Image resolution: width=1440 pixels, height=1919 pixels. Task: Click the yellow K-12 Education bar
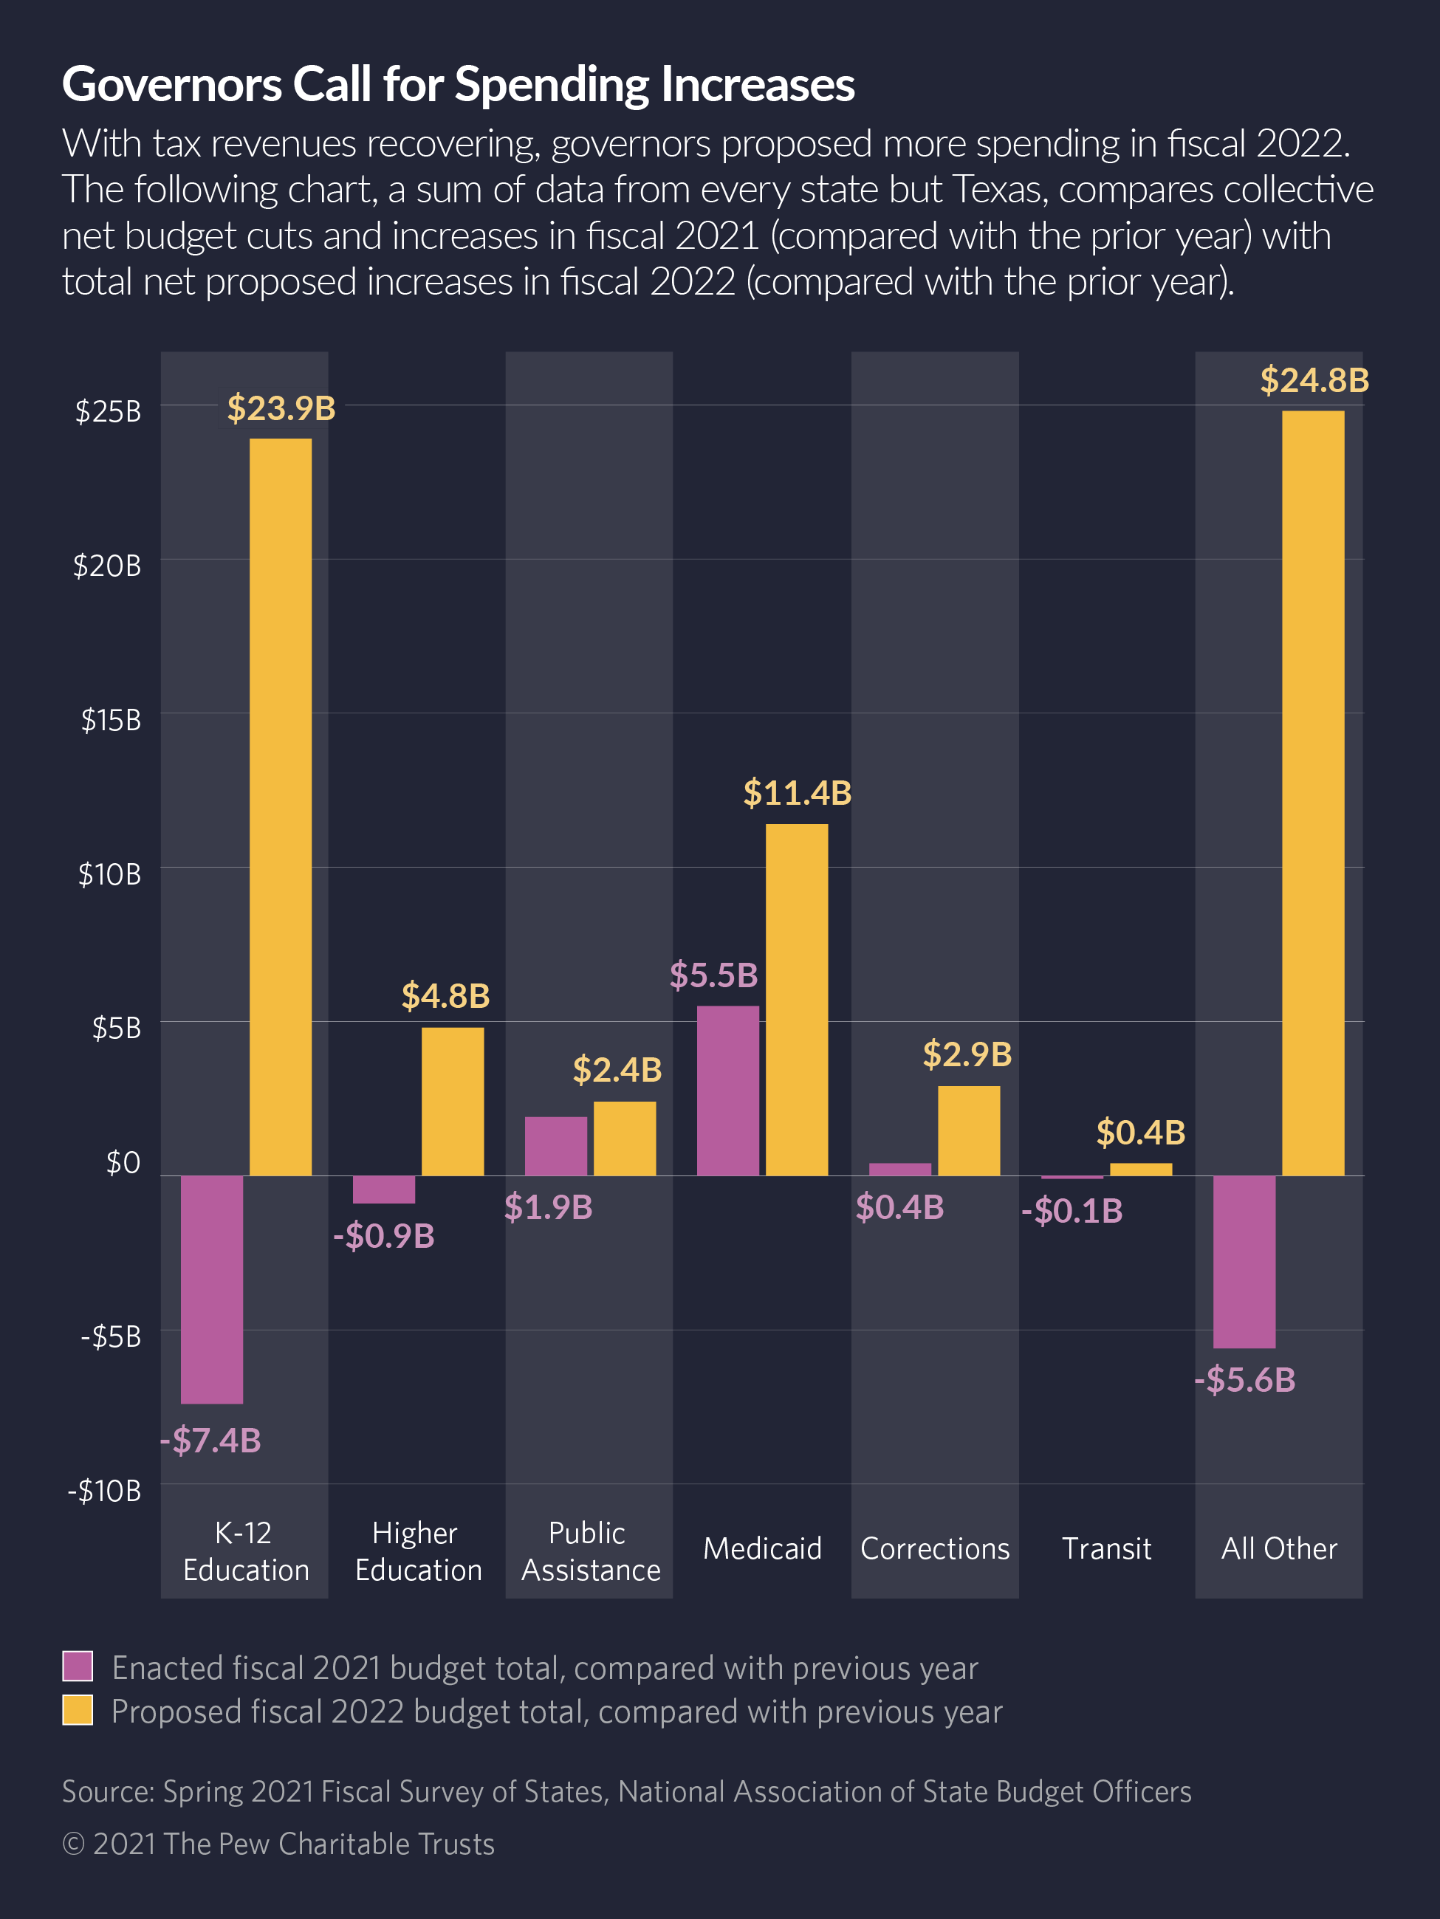[280, 807]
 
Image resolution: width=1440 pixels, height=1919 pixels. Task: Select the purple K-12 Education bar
[212, 1289]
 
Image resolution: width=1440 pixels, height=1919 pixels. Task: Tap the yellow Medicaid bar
[796, 1000]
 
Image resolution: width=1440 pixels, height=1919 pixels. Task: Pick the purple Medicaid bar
[728, 1091]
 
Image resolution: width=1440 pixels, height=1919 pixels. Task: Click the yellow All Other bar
[1312, 793]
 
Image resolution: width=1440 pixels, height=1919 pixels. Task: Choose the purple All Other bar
[1244, 1261]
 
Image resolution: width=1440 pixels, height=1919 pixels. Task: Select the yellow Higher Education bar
[453, 1102]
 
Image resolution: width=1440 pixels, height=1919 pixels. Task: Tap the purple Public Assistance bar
[556, 1146]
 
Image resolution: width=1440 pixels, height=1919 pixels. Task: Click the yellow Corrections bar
[968, 1130]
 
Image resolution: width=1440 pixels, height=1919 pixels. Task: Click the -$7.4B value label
[210, 1440]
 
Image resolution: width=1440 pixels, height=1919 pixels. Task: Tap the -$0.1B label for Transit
[1072, 1211]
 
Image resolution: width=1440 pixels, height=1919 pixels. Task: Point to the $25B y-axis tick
[109, 411]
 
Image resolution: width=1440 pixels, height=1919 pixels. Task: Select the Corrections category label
[934, 1548]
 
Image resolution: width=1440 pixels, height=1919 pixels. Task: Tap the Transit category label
[1106, 1548]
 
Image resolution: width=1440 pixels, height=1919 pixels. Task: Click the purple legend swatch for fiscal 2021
[78, 1666]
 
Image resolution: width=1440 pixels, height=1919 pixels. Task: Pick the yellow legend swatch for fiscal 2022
[78, 1710]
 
